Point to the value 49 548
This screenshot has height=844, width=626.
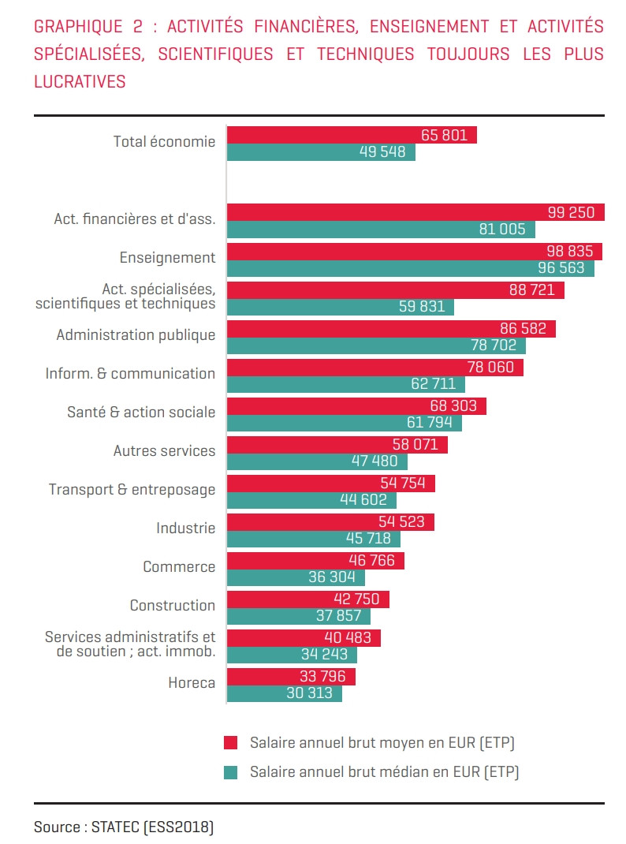tap(382, 152)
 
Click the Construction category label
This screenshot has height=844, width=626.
tap(172, 606)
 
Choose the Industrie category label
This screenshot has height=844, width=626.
tap(185, 528)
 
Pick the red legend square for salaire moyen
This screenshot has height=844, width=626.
tap(230, 742)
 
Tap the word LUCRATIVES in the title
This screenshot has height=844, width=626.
tap(80, 82)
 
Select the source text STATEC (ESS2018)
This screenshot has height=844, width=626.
tap(152, 827)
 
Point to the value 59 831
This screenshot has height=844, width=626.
tap(422, 307)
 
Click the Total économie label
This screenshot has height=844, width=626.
tap(164, 142)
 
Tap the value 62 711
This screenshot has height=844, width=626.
tap(433, 384)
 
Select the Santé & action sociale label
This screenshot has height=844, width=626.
tap(141, 413)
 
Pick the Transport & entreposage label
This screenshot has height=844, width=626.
tap(132, 490)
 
